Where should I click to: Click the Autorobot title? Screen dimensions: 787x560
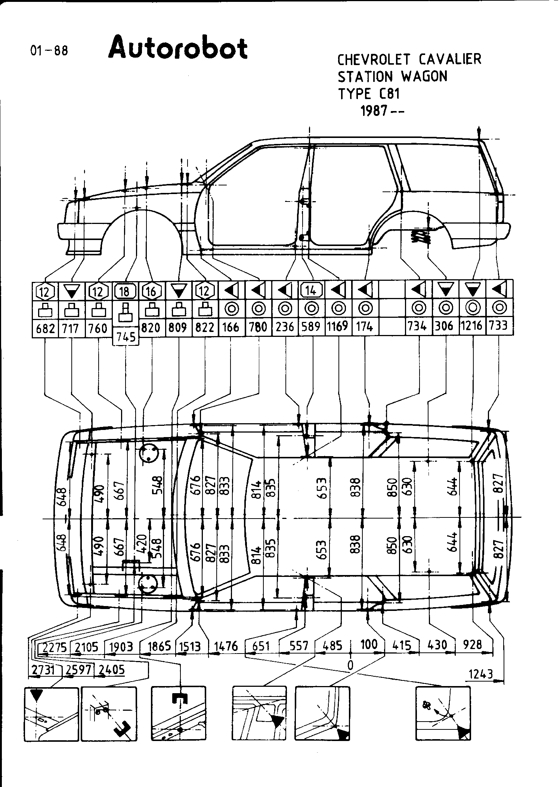tap(178, 49)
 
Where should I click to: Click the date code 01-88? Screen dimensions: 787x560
tap(49, 50)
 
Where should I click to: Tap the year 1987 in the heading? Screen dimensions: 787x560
tap(374, 111)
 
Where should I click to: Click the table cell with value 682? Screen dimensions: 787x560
tap(45, 329)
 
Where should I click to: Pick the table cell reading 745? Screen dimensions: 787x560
tap(126, 337)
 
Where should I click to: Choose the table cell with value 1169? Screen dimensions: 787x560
tap(338, 326)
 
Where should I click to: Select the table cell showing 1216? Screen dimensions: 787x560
tap(472, 326)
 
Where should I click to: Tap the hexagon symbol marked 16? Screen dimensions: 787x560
tap(151, 291)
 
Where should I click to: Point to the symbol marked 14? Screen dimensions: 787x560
tap(311, 290)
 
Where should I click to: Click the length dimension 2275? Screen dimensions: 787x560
tap(55, 647)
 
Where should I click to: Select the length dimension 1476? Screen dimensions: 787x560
tap(226, 646)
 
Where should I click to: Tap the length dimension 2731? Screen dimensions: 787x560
tap(42, 670)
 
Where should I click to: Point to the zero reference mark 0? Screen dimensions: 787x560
tap(350, 664)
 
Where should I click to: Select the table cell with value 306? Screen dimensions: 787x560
tap(444, 326)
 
